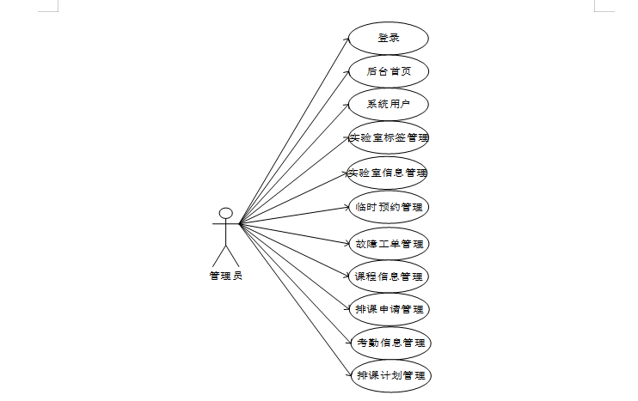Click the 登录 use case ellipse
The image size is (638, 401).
(388, 39)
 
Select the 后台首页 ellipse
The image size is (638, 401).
(388, 71)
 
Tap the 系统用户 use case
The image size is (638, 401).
(388, 105)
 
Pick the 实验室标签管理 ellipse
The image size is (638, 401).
(388, 137)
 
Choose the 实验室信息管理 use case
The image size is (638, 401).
(388, 173)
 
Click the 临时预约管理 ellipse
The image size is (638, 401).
(388, 207)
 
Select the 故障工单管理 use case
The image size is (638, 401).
(388, 243)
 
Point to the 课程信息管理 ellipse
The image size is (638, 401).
(388, 276)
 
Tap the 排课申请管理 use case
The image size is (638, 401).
(388, 309)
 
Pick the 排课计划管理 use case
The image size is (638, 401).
(389, 375)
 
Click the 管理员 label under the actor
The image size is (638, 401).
(225, 276)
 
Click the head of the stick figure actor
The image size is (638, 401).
(226, 213)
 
